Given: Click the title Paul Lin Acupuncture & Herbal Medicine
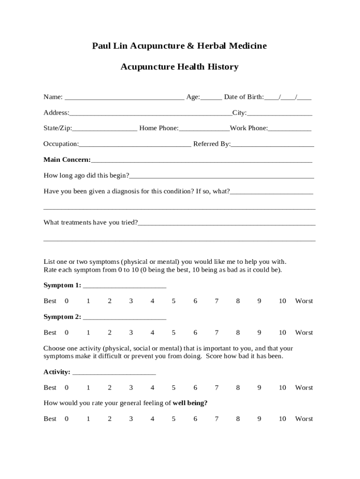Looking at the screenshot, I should [x=180, y=46].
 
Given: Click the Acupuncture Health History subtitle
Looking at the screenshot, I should [x=180, y=67].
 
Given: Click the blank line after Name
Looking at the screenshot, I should [x=124, y=98].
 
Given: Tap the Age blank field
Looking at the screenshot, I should [x=211, y=98].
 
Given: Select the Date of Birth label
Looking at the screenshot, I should [x=244, y=97].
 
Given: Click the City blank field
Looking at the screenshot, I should [x=280, y=113].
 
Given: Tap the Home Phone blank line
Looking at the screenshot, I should [x=204, y=129].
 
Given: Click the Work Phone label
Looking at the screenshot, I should [x=249, y=128].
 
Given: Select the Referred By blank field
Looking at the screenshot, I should [x=272, y=145].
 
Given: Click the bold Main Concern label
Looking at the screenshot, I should [x=67, y=160].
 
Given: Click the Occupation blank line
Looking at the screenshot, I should [x=135, y=145].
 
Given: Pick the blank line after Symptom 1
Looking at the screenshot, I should [x=124, y=286].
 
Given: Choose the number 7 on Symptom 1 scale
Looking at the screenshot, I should [x=216, y=301].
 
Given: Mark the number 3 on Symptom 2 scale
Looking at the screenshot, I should [x=131, y=333].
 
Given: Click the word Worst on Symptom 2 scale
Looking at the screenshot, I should [x=304, y=333].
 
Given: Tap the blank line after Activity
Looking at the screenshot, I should [x=114, y=373].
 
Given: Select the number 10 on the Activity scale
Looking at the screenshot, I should [x=282, y=388].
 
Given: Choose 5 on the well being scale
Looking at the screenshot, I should [x=173, y=419].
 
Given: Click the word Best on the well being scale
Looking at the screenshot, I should [x=50, y=419].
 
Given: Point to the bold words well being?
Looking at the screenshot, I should [x=190, y=403].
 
